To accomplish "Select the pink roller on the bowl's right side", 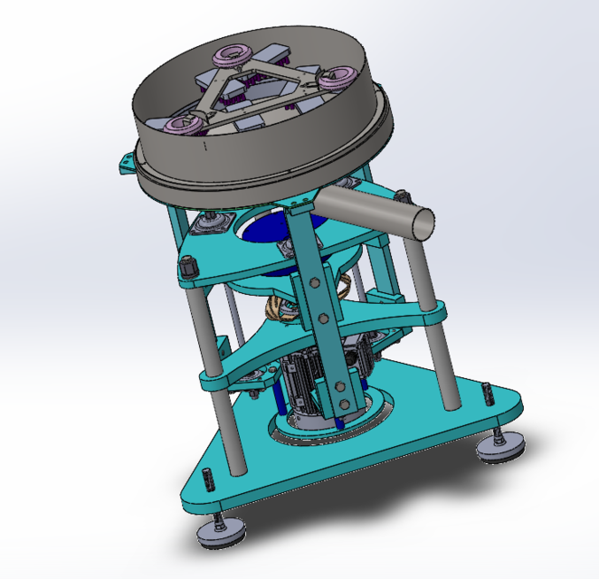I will pos(340,79).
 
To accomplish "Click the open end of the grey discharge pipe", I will pos(420,222).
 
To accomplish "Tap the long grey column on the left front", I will pos(204,335).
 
